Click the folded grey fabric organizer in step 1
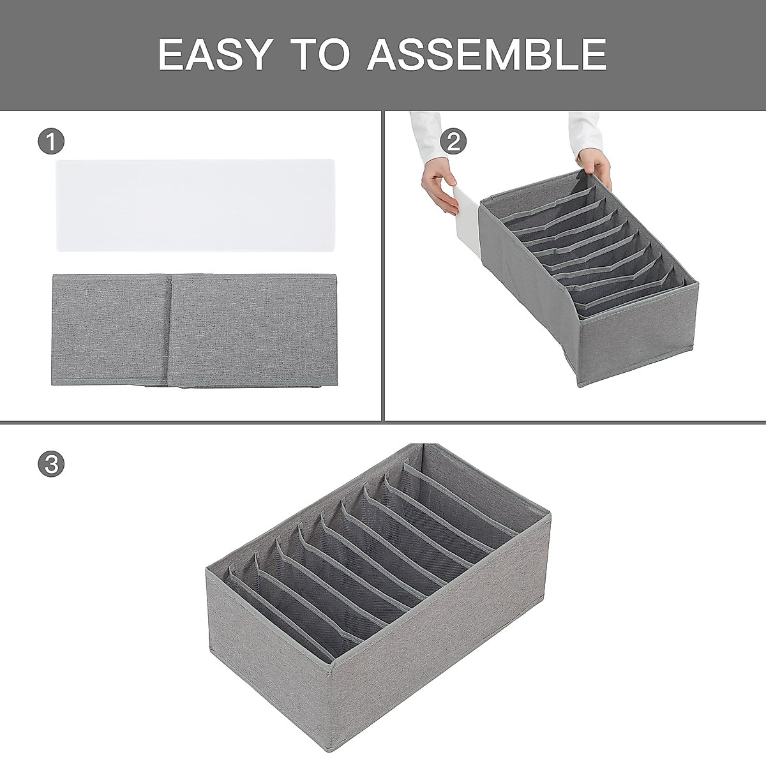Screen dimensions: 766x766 [x=194, y=330]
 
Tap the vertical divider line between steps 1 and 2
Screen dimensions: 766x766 [x=382, y=268]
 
